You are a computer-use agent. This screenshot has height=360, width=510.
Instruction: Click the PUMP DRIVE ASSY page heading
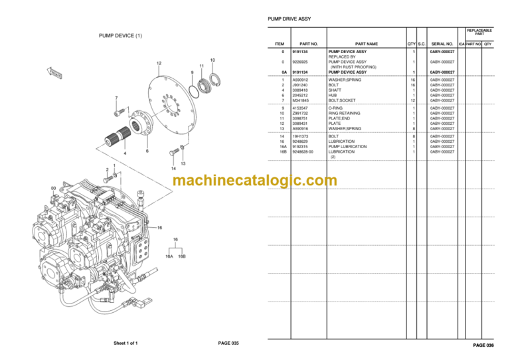[289, 19]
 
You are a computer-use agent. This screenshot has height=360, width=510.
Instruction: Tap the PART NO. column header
[309, 44]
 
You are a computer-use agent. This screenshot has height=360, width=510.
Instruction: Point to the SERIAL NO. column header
[442, 44]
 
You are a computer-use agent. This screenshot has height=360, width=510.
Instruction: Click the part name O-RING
[337, 108]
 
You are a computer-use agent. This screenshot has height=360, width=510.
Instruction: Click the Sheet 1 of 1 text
[130, 343]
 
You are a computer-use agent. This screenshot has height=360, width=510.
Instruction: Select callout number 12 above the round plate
[159, 63]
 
